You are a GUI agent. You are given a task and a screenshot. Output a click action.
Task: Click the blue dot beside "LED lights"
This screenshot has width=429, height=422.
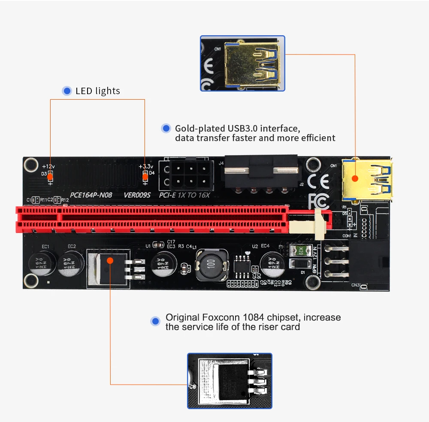point(67,91)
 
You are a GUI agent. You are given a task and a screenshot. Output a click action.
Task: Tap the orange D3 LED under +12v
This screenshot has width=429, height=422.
point(50,176)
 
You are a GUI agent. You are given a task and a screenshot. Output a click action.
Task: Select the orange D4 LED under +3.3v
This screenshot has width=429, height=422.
point(145,176)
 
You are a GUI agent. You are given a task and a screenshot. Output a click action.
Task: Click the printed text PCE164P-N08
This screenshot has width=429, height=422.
point(91,195)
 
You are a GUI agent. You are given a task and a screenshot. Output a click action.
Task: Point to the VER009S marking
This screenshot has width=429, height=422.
point(137,195)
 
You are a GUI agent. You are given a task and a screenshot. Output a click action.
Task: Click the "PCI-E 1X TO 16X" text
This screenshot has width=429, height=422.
point(185,195)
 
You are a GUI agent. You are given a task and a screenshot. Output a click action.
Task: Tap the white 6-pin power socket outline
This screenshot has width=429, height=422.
point(187,175)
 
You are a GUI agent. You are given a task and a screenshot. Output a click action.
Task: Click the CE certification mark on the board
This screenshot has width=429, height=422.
point(319,182)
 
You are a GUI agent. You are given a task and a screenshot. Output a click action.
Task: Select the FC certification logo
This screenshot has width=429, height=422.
point(319,200)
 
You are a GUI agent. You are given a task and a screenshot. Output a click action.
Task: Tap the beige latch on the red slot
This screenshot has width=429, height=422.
point(319,224)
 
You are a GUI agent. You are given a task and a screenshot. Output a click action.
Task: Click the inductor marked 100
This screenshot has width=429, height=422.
point(210,264)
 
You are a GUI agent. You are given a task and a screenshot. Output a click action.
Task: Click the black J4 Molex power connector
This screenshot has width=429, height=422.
point(260,170)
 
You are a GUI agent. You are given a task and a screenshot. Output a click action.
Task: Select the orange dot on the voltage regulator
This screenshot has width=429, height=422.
point(110,260)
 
